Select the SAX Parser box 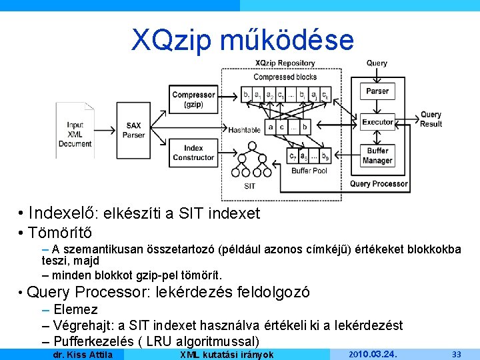pos(133,130)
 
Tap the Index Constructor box pos(193,153)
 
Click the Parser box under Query pos(377,91)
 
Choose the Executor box pos(377,122)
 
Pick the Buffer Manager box pos(377,156)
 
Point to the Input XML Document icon pos(75,130)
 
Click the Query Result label pos(431,119)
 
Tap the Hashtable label pos(244,130)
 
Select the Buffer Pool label pos(309,171)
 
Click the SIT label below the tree pos(249,186)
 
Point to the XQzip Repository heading pos(285,63)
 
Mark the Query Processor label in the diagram pos(379,183)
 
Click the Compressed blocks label pos(285,77)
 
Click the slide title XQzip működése pos(243,40)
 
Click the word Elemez pos(75,309)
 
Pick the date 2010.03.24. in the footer pos(373,354)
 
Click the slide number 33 pos(457,354)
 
